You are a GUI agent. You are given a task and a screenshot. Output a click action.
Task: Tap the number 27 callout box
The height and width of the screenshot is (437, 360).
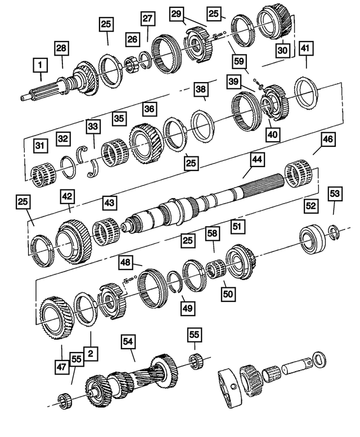click(147, 18)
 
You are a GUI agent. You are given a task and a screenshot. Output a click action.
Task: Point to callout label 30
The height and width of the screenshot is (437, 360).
click(282, 49)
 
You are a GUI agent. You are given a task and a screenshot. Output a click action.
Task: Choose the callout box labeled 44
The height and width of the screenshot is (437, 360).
click(256, 161)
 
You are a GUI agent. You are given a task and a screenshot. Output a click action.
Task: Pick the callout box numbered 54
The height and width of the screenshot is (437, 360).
click(129, 341)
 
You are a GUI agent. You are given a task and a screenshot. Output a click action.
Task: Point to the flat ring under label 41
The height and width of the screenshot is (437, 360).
click(307, 89)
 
